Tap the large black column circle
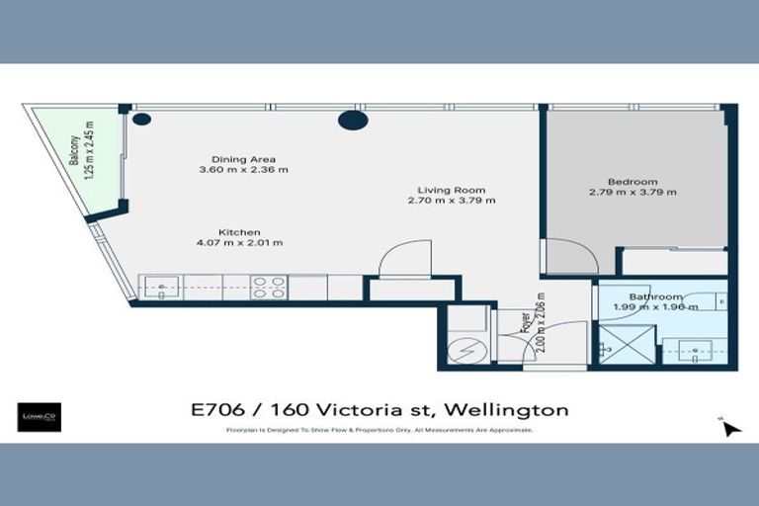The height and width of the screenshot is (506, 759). [x=353, y=120]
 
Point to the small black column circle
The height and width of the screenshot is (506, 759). [x=141, y=120]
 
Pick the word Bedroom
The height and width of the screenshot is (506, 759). [x=632, y=181]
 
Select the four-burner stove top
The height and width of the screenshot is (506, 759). [x=268, y=288]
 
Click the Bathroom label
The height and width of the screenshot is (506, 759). [x=656, y=296]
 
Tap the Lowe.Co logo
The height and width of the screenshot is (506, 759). [x=40, y=416]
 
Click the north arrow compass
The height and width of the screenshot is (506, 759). [x=728, y=426]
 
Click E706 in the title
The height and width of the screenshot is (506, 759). [x=216, y=409]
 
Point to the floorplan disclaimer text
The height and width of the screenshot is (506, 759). [x=379, y=431]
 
